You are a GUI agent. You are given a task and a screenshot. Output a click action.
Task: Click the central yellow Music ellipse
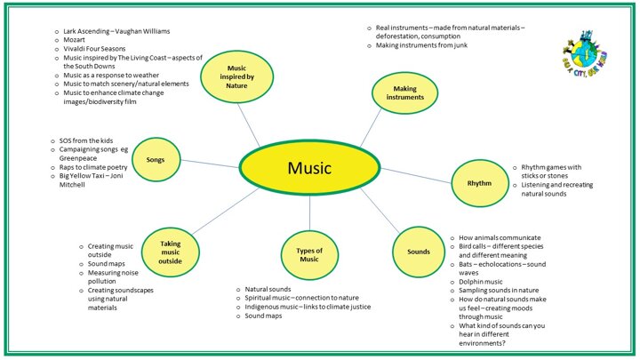(310, 167)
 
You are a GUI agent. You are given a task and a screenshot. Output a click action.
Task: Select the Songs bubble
(168, 160)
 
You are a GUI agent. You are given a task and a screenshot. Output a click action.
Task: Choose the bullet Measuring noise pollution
(115, 276)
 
